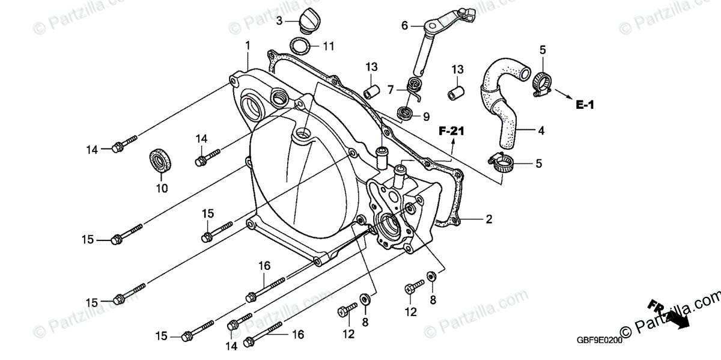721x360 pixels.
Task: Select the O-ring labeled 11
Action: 300,46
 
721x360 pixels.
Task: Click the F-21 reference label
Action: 452,130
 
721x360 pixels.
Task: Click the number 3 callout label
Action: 279,22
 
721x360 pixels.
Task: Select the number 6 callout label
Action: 404,26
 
